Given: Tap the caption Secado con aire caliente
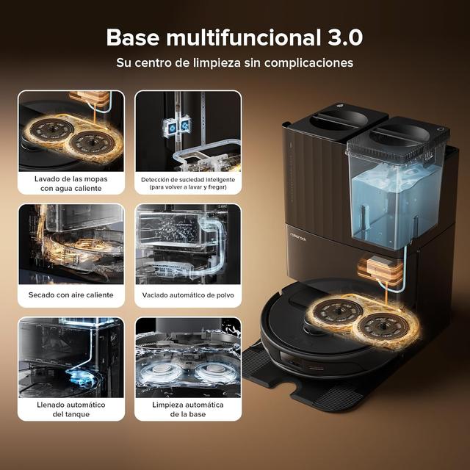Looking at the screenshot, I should [70, 294].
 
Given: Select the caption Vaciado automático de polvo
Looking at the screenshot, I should [188, 294].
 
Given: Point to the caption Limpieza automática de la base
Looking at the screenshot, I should [188, 410].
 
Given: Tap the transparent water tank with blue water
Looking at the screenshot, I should [393, 198].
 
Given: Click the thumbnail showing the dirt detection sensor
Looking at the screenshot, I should [188, 130].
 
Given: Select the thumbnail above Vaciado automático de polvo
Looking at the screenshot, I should [188, 244].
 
